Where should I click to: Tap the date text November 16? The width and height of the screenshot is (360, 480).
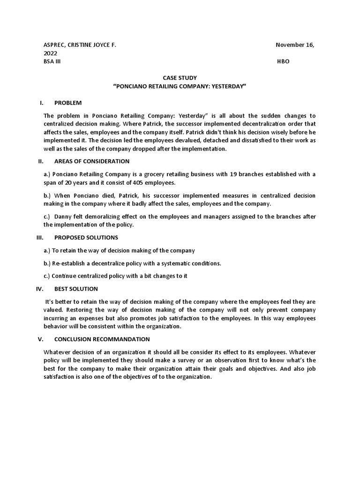295,45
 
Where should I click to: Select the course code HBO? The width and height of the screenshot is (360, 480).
284,62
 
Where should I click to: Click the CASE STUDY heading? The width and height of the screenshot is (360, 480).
180,78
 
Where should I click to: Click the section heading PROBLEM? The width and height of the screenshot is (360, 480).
68,103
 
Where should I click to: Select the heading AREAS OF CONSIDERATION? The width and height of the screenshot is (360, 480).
92,161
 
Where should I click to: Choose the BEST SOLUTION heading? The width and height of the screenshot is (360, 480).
76,289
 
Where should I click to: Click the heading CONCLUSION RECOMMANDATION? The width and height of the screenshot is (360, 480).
102,339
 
